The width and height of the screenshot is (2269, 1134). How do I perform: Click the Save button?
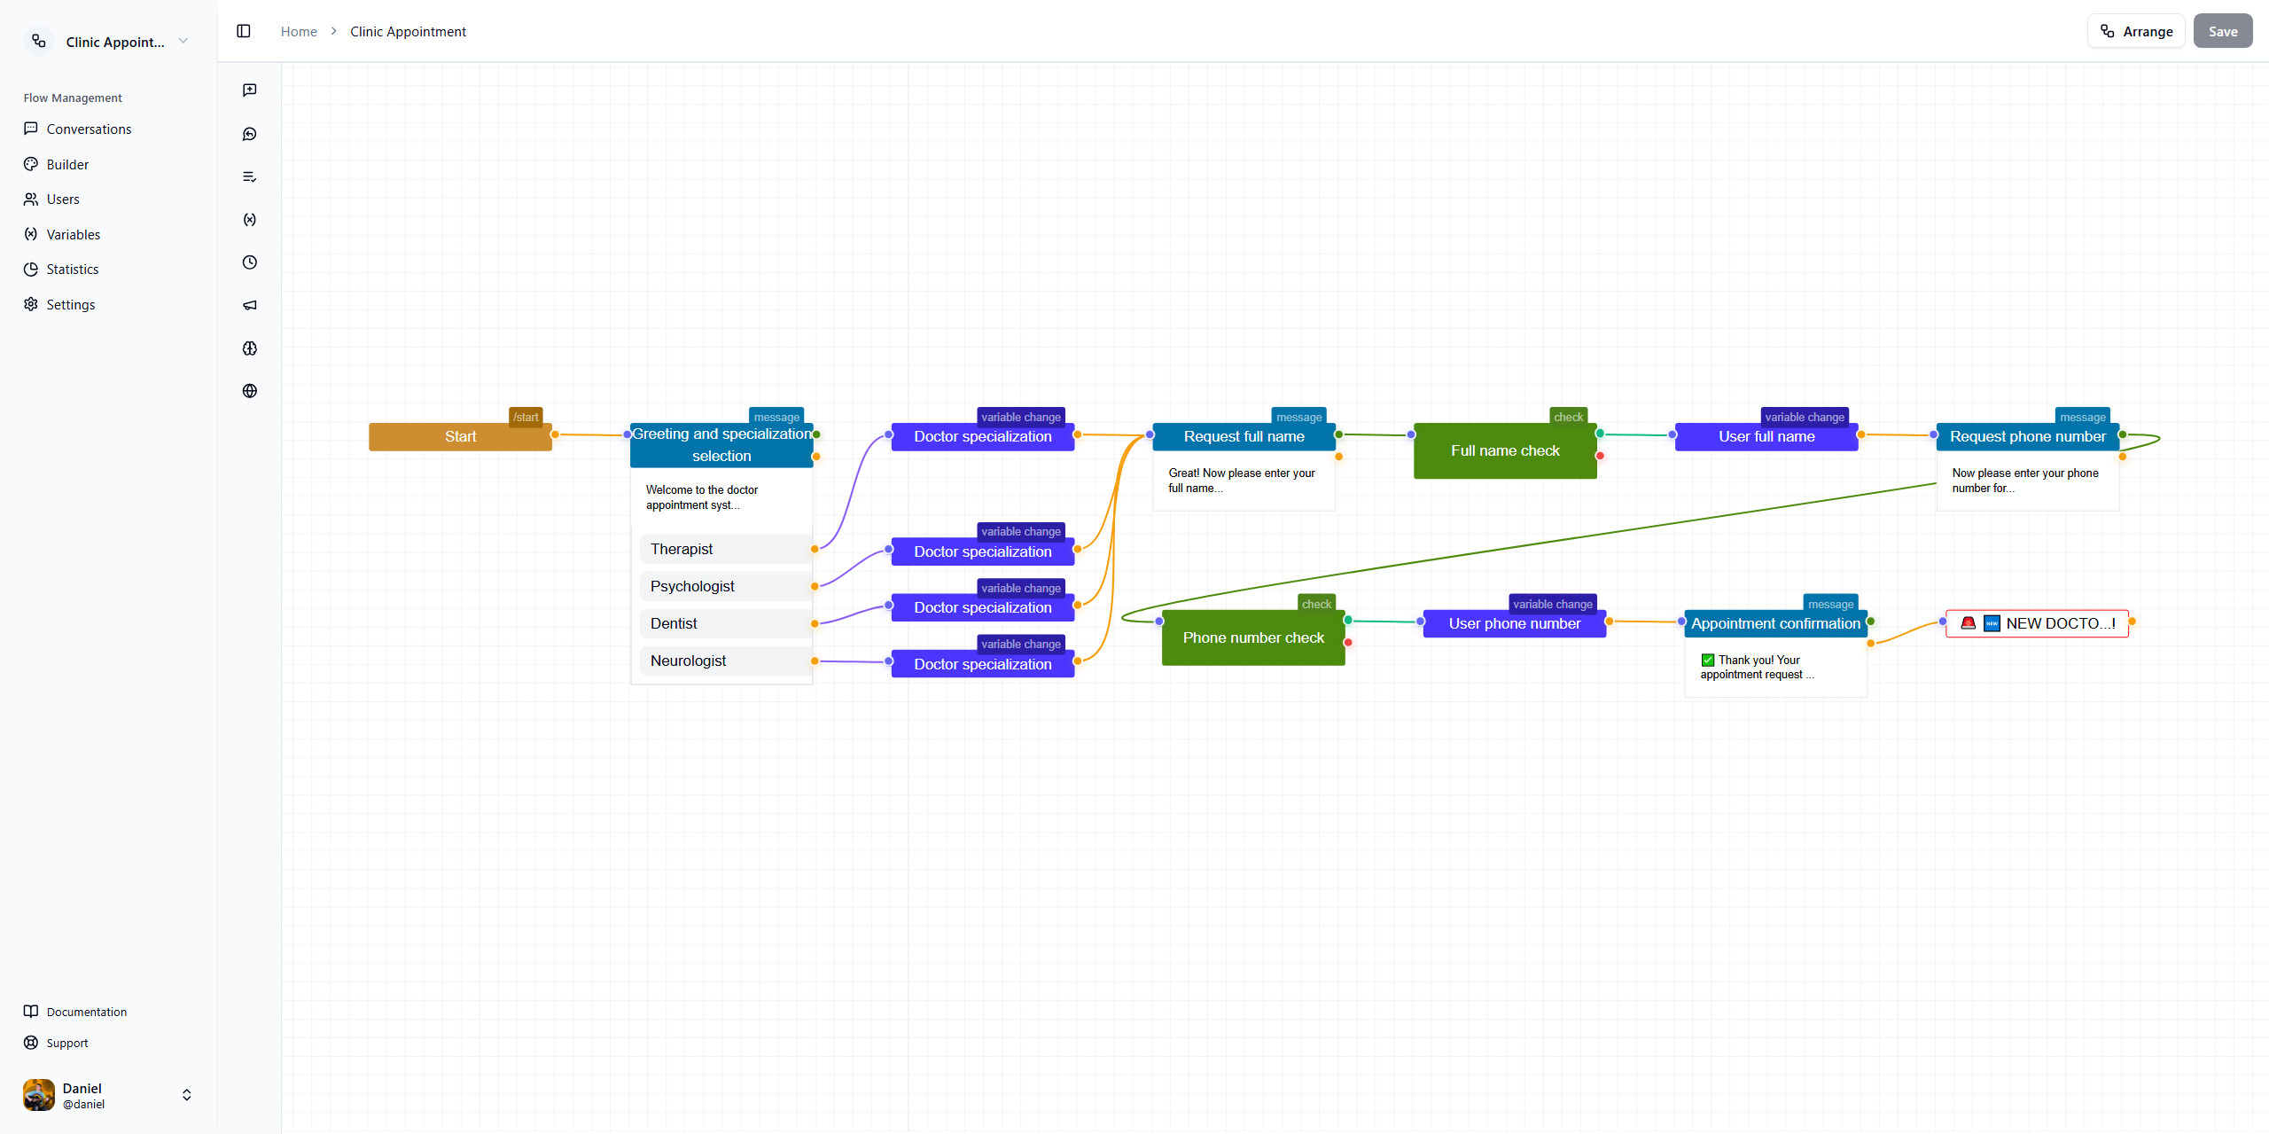(2222, 31)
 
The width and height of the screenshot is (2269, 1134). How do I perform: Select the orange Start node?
(460, 437)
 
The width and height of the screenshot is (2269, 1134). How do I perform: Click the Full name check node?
(1504, 450)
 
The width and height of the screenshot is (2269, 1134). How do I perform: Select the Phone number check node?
(1252, 637)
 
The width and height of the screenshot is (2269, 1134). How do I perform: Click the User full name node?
(1766, 437)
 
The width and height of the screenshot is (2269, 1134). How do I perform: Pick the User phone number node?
(1514, 623)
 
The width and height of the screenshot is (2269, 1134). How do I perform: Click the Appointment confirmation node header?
(1774, 623)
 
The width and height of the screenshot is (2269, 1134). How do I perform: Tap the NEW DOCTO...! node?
(2037, 623)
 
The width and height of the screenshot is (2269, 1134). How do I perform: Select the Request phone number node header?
(2027, 437)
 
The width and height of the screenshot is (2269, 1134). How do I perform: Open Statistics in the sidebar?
(72, 270)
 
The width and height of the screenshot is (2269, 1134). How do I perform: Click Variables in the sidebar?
(73, 234)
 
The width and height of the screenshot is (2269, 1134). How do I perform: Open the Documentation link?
(86, 1012)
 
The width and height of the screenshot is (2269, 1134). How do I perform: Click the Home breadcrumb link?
(299, 32)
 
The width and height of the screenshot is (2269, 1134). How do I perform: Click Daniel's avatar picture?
(39, 1095)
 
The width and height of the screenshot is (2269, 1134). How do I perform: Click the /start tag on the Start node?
(526, 418)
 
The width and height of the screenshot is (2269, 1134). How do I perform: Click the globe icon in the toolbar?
(250, 391)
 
